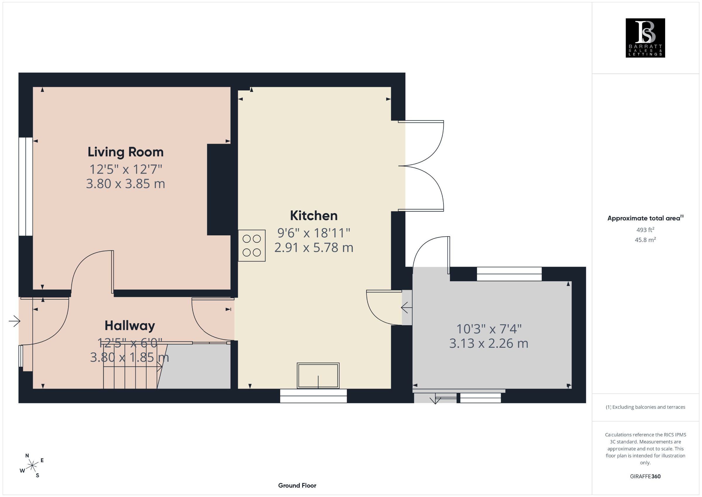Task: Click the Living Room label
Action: [126, 152]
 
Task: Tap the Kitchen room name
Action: [314, 216]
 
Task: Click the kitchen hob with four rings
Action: [252, 246]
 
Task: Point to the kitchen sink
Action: [318, 376]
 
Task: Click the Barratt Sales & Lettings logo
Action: [646, 38]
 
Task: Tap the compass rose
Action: [32, 466]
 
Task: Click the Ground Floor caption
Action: [297, 485]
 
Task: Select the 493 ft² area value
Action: [645, 230]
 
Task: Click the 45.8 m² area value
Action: [645, 240]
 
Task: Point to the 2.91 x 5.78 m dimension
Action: [314, 248]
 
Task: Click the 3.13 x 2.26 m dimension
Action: [488, 343]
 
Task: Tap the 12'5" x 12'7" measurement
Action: [126, 169]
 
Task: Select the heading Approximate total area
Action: [645, 218]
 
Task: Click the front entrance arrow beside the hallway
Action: [14, 321]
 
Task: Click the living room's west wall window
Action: [26, 187]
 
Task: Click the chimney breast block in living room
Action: [219, 190]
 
